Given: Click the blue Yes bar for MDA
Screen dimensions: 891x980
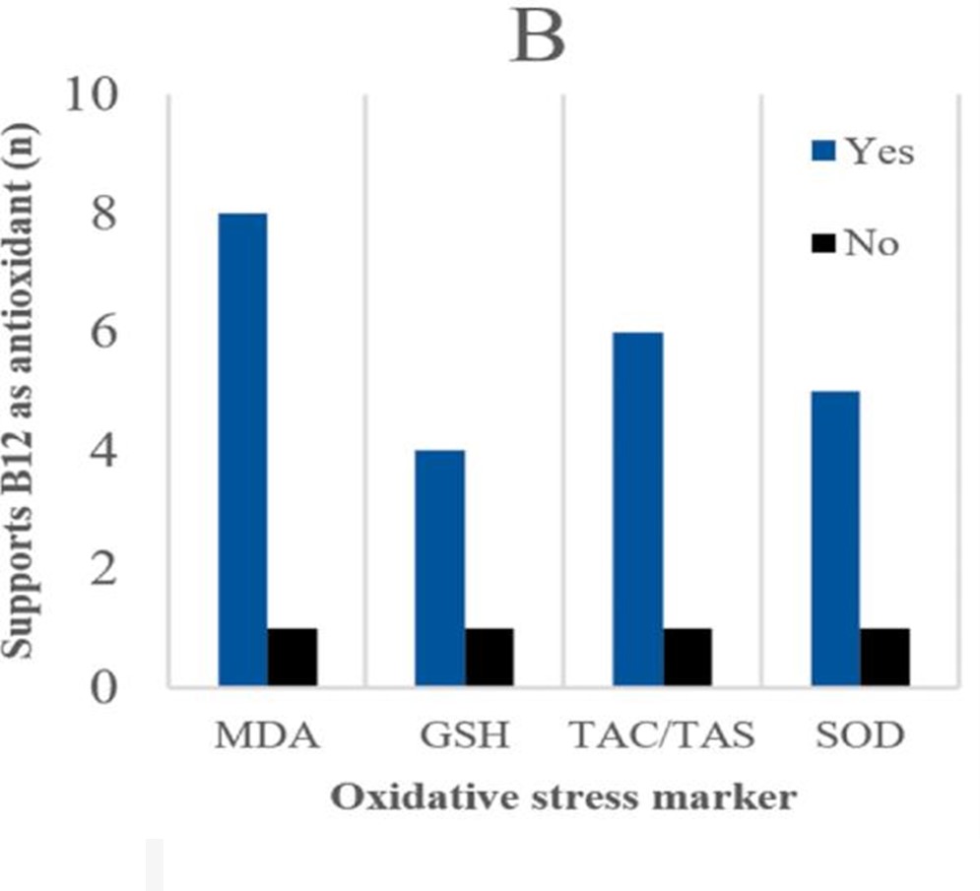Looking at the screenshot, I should (242, 449).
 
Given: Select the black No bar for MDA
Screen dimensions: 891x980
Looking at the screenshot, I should (293, 657).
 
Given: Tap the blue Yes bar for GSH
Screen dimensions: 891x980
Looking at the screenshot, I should (439, 567).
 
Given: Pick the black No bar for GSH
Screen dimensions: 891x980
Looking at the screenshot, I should (490, 657).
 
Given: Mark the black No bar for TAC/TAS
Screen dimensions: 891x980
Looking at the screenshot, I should (687, 657).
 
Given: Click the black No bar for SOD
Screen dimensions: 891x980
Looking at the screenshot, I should (884, 657).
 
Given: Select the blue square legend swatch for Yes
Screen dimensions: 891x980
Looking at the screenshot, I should (823, 152).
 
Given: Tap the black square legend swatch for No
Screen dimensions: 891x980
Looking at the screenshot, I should (823, 242).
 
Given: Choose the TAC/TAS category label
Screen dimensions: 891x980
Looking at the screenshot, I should (661, 737).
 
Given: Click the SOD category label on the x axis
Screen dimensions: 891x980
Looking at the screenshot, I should (859, 737).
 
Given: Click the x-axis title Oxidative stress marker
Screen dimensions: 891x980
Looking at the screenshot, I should (561, 796).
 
